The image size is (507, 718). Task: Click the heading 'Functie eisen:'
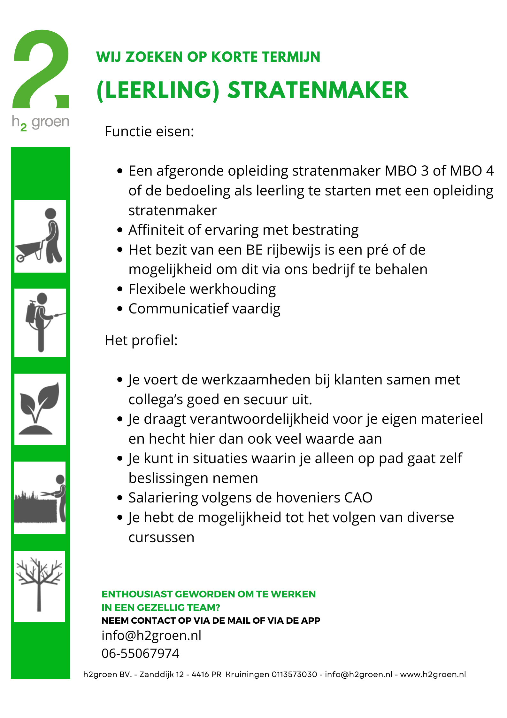pos(149,131)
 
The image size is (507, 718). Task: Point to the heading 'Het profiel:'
pos(141,340)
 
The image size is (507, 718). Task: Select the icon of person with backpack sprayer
pos(40,322)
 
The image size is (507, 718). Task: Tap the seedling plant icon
pos(40,409)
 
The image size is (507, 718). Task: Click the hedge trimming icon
pos(40,498)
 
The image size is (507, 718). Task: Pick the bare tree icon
pos(39,586)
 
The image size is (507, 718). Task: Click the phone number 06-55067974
pos(140,653)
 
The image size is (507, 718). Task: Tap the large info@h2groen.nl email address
pos(151,635)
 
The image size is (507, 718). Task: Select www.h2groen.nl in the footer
pos(433,675)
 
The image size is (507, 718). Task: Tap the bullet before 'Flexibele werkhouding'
pos(120,289)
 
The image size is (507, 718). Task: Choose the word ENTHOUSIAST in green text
pos(137,594)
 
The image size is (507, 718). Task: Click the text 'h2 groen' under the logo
pos(41,122)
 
